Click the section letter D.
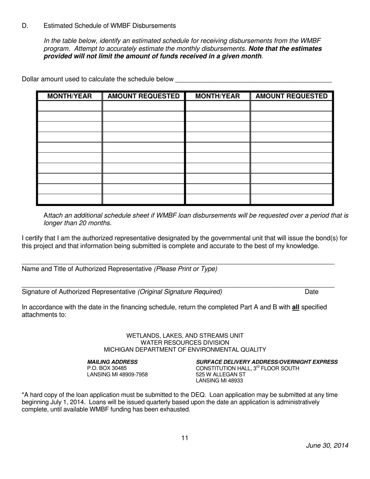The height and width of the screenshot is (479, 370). point(25,26)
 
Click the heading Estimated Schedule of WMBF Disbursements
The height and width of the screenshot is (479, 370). point(109,26)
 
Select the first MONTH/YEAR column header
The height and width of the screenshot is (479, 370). point(69,96)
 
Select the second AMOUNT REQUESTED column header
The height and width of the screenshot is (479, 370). point(291,96)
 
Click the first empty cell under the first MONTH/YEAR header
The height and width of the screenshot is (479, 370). point(69,106)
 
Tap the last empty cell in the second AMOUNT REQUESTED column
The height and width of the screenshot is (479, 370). point(291,199)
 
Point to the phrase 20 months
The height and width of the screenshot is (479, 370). point(97,223)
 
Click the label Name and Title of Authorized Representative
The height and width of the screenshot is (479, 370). point(86,269)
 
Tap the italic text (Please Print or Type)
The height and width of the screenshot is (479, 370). point(186,269)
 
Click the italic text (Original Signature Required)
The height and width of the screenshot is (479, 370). point(180,292)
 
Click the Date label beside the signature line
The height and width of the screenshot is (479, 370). point(312,292)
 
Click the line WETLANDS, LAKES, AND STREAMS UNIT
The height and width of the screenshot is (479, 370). point(185,336)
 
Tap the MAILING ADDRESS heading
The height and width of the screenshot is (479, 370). point(112,362)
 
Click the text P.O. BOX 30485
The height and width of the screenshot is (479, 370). point(107,368)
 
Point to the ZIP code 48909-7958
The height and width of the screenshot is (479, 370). point(134,375)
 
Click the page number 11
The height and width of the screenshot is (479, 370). point(185,438)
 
